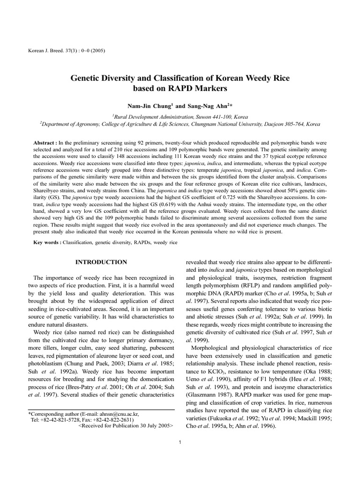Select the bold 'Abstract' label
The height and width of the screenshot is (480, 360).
click(x=45, y=142)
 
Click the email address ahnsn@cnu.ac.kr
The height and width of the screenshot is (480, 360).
click(x=117, y=414)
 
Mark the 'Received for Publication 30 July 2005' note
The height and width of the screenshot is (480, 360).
click(x=126, y=427)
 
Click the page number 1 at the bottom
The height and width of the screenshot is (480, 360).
click(x=180, y=442)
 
